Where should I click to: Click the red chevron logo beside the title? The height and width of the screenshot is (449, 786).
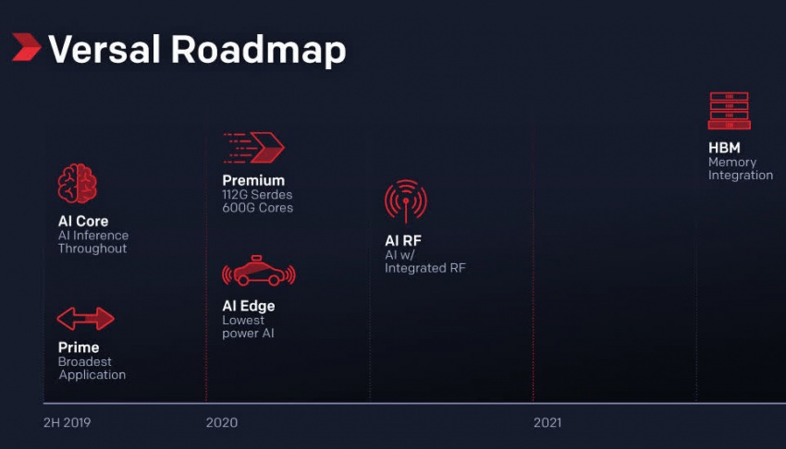click(x=26, y=47)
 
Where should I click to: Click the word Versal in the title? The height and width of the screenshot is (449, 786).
click(x=104, y=49)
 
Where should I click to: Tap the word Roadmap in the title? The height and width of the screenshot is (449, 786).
click(x=259, y=51)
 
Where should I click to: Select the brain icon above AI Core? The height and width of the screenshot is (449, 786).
click(x=77, y=184)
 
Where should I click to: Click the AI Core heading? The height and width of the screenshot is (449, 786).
click(x=83, y=221)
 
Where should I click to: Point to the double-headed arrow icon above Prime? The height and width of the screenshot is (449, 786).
click(x=86, y=319)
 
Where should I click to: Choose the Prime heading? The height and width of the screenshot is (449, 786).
click(x=79, y=347)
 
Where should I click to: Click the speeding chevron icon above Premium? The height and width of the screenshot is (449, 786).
click(x=253, y=148)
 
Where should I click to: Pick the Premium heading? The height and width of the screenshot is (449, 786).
click(x=253, y=181)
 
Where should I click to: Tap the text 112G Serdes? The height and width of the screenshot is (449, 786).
click(x=257, y=195)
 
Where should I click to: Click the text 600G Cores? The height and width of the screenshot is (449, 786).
click(x=258, y=208)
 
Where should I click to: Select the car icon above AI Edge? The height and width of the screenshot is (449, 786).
click(x=259, y=272)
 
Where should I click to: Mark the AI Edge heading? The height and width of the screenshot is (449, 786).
click(x=249, y=306)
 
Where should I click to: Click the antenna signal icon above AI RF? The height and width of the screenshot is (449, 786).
click(x=406, y=200)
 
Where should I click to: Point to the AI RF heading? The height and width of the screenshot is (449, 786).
click(x=403, y=241)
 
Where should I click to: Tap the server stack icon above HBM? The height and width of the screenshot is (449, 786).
click(x=730, y=111)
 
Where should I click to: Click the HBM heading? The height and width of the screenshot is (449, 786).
click(x=724, y=148)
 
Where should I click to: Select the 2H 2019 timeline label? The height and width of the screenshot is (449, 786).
click(x=68, y=422)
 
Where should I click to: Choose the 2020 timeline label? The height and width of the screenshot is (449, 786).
click(x=222, y=422)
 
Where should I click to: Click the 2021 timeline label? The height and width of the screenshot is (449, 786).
click(x=547, y=422)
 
